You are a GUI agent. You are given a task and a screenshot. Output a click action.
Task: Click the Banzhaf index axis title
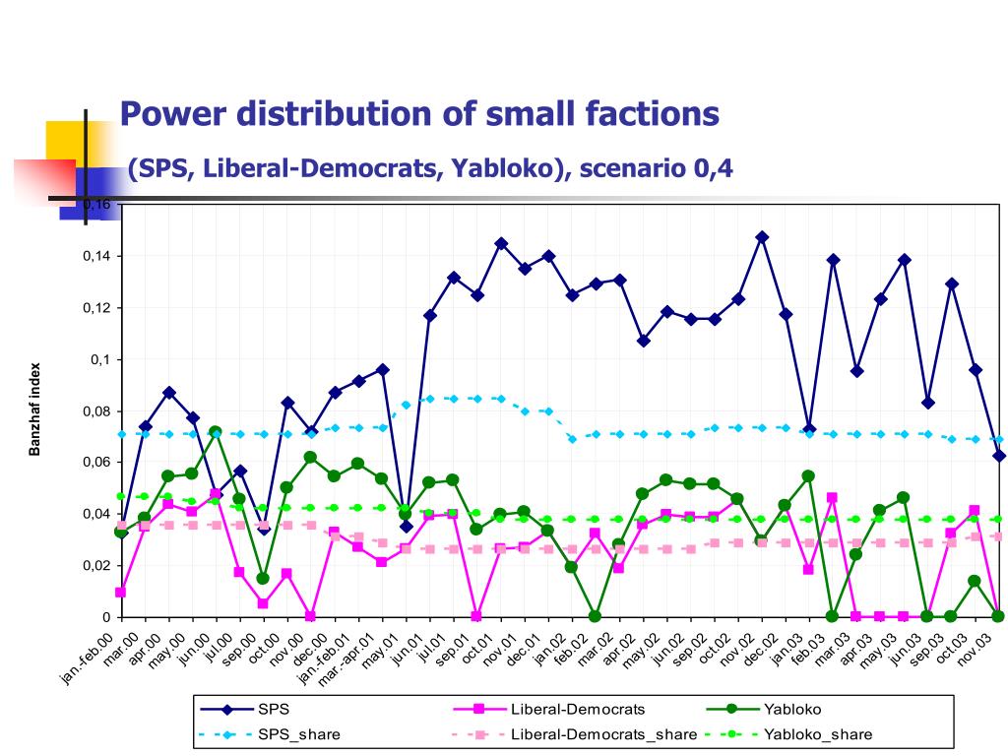pos(34,410)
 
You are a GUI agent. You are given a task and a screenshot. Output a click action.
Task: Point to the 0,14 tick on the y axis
pos(98,256)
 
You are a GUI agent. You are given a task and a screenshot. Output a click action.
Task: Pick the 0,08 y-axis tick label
pos(98,410)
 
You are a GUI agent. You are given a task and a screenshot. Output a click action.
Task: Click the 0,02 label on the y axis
pos(98,565)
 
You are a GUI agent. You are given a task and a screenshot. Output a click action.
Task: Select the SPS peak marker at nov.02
pos(761,237)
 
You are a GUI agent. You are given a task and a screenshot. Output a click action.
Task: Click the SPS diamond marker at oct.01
pos(501,243)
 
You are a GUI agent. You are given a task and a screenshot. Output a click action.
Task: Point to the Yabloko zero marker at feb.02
pos(596,616)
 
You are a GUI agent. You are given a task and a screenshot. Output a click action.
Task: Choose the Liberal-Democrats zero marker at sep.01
pos(476,616)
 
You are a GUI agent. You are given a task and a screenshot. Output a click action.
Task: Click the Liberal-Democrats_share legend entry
pos(603,733)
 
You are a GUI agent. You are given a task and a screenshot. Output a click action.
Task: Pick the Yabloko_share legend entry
pos(818,733)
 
